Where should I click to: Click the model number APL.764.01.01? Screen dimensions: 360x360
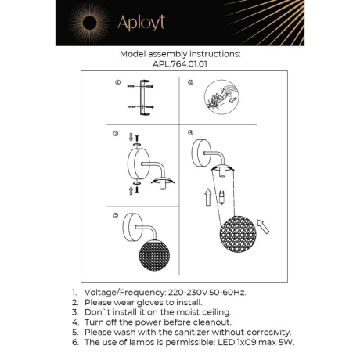180,66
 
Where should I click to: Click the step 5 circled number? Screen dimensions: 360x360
115,214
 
